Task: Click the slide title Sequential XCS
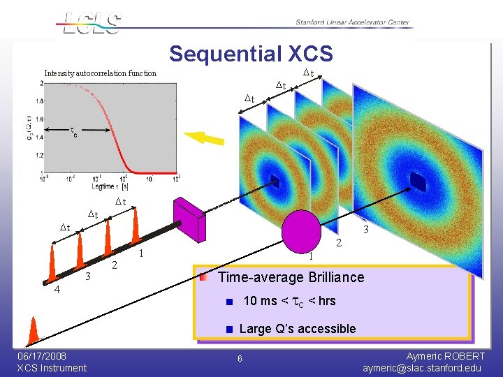(x=251, y=54)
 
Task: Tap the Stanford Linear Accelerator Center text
(x=353, y=22)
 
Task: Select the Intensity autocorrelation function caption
(x=101, y=73)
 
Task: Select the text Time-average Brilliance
(x=291, y=277)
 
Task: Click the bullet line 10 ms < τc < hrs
(x=289, y=301)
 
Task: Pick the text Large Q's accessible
(x=297, y=329)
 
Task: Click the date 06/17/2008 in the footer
(x=43, y=356)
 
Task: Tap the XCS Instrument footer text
(x=52, y=368)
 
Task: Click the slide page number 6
(x=240, y=359)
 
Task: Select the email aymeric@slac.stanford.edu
(x=422, y=368)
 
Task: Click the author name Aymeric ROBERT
(x=445, y=356)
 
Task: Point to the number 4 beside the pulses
(x=57, y=290)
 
